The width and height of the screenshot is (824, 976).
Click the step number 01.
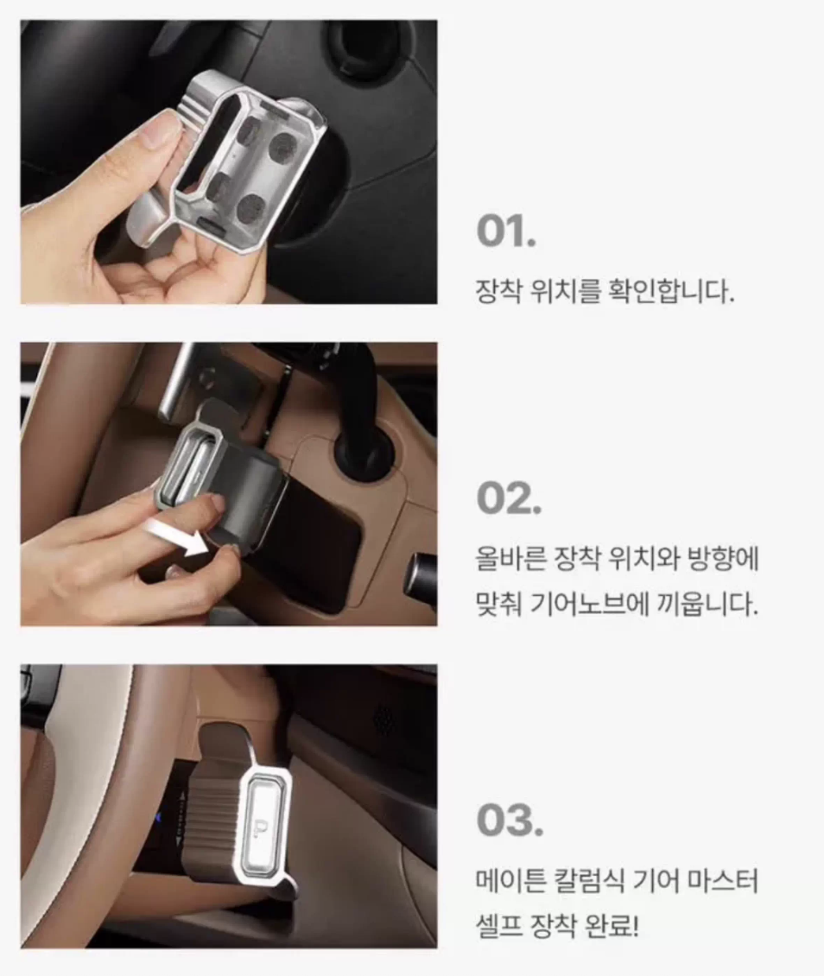[x=506, y=231]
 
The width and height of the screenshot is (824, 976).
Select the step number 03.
[x=510, y=821]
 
